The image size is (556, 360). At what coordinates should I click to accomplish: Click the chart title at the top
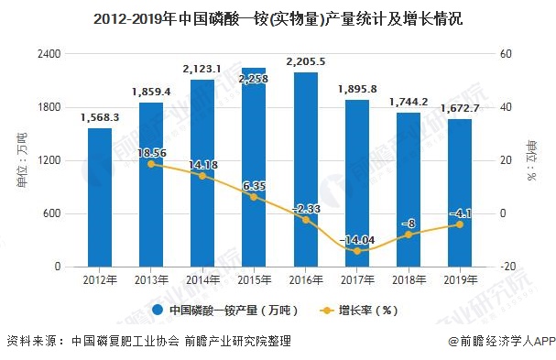pyautogui.click(x=278, y=17)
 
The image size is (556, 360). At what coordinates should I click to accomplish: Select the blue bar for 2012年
pyautogui.click(x=100, y=197)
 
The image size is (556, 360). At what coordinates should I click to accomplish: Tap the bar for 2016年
pyautogui.click(x=305, y=169)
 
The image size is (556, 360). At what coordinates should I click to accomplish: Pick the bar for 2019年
pyautogui.click(x=460, y=192)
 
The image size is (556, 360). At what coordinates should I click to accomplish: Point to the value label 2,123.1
pyautogui.click(x=202, y=69)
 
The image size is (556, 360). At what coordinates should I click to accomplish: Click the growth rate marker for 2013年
pyautogui.click(x=151, y=164)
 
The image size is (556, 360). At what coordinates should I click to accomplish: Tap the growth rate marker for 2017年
pyautogui.click(x=357, y=251)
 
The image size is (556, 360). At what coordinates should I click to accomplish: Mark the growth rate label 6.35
pyautogui.click(x=254, y=186)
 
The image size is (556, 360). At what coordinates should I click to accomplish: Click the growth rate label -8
pyautogui.click(x=409, y=223)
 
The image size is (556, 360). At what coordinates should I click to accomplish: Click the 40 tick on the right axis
pyautogui.click(x=503, y=107)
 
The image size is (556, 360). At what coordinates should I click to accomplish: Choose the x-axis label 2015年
pyautogui.click(x=254, y=279)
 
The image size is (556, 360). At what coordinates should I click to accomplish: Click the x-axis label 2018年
pyautogui.click(x=409, y=279)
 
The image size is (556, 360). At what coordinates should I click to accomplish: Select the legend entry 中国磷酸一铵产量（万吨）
pyautogui.click(x=224, y=310)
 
